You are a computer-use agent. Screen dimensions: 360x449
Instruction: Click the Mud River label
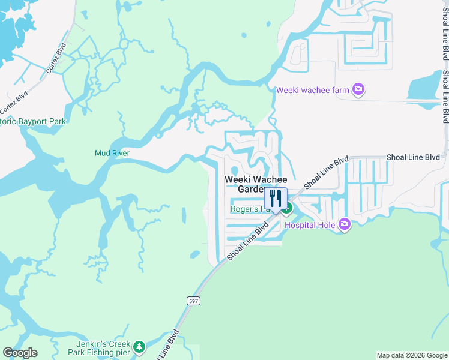(x=112, y=153)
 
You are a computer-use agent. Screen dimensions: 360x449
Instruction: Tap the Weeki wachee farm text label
(x=313, y=91)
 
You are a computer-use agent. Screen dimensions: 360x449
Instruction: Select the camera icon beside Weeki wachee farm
(x=358, y=90)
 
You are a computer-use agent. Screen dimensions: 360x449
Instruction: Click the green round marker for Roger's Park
(x=288, y=209)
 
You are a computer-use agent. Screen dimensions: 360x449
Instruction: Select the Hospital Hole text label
(x=309, y=226)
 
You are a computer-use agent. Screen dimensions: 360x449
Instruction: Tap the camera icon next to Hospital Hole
(x=344, y=224)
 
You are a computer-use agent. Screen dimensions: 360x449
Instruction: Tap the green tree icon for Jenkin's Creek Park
(x=139, y=347)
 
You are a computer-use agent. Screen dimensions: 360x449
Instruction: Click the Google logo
(x=20, y=353)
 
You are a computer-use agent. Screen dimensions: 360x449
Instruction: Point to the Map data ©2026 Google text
(x=412, y=355)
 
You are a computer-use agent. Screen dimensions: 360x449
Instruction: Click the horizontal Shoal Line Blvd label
(x=413, y=157)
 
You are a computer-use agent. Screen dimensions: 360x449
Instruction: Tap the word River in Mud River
(x=121, y=153)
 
